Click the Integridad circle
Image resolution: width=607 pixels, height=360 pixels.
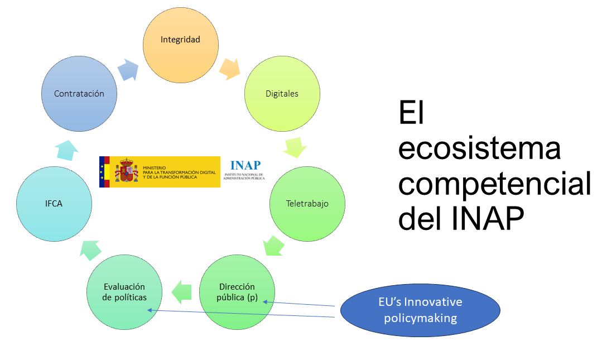[x=180, y=45]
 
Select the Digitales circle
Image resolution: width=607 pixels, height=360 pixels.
[x=282, y=94]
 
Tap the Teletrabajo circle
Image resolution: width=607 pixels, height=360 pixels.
[x=307, y=204]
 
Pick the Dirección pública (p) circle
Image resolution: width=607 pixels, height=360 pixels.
[x=237, y=292]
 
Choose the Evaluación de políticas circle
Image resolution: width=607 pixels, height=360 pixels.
[x=124, y=292]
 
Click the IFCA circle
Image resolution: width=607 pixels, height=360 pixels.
[x=54, y=204]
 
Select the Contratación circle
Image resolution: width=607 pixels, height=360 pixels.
[x=79, y=94]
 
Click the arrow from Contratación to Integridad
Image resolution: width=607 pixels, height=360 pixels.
[x=128, y=70]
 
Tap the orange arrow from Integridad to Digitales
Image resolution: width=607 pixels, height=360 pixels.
[x=230, y=69]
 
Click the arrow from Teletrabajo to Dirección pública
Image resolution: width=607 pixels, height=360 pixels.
[x=274, y=246]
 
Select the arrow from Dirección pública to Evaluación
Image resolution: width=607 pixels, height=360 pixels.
[x=181, y=292]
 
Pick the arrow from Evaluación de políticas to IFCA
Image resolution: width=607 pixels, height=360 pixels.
[x=90, y=250]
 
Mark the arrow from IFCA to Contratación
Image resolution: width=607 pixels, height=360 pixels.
[x=66, y=150]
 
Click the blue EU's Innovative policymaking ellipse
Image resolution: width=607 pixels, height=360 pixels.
[x=421, y=310]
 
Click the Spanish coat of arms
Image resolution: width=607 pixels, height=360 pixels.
[x=127, y=170]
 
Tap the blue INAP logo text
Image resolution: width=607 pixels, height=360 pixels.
[x=245, y=165]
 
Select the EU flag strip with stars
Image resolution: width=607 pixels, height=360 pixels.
[x=102, y=172]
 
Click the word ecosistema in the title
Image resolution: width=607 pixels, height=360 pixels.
[x=480, y=148]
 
